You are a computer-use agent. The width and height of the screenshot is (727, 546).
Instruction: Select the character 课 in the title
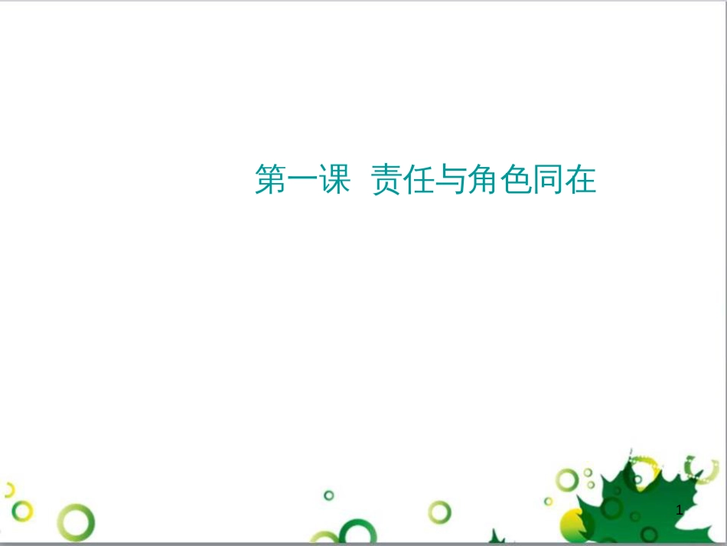coord(334,181)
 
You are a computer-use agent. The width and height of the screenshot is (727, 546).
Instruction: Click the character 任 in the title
coord(419,181)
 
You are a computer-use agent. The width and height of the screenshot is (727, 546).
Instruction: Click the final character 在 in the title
coord(580,181)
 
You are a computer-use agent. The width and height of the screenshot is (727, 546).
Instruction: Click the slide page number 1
coord(680,510)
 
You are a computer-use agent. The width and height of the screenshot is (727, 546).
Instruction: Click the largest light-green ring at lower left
coord(77,523)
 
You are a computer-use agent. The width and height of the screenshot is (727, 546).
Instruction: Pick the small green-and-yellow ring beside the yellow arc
coord(23,510)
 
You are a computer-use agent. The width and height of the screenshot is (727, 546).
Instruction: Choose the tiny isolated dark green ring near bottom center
coord(329,495)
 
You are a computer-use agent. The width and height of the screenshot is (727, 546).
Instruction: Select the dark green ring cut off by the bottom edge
coord(357,534)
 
